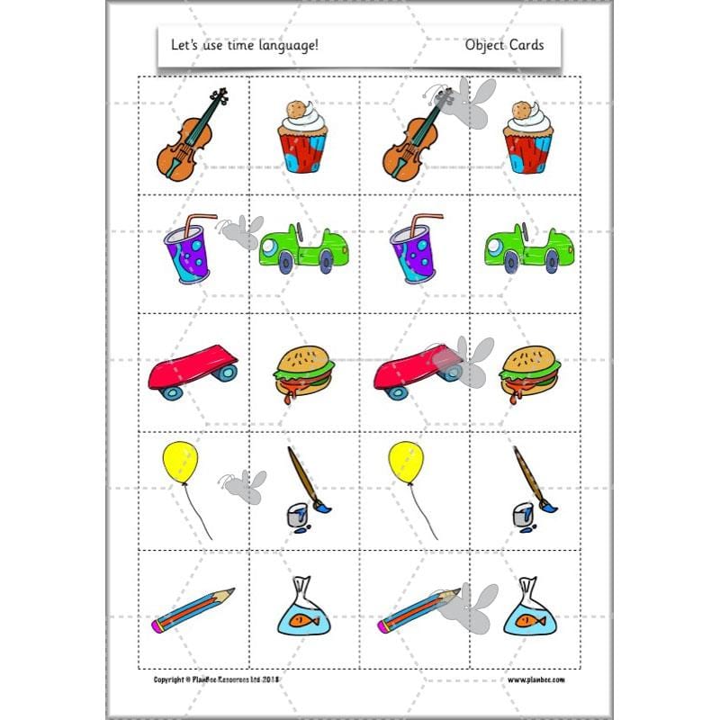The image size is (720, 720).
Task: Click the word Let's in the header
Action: point(184,45)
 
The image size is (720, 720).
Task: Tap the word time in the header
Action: point(244,45)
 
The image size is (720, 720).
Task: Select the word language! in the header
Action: point(291,46)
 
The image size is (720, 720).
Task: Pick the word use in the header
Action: point(216,45)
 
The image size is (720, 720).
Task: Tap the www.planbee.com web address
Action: point(539,679)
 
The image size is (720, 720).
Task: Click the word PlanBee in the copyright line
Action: point(208,679)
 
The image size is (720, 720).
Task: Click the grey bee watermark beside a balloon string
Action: point(244,485)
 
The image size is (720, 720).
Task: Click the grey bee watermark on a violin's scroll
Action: point(466,101)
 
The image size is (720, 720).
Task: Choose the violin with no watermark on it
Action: point(192,134)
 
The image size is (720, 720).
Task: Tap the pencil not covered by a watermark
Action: point(193,609)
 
